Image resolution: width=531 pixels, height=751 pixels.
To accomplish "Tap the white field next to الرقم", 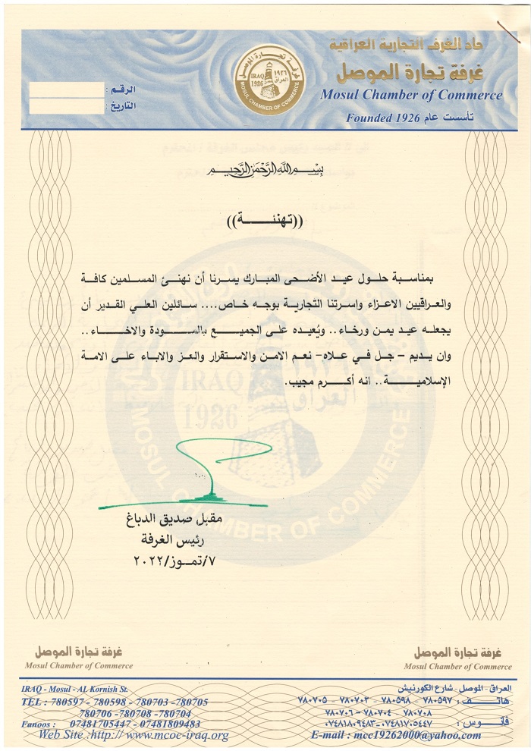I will [x=65, y=90].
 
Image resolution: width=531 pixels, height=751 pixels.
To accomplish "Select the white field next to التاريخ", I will [x=65, y=106].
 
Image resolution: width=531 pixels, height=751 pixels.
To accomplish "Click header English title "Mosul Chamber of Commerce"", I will [x=411, y=96].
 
